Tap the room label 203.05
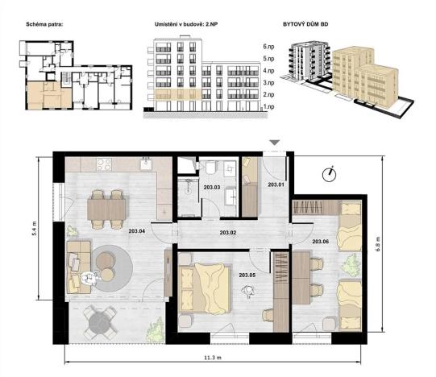click(249, 275)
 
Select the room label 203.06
click(320, 241)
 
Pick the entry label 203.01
click(276, 184)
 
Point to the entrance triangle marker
click(274, 143)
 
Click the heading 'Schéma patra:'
click(38, 25)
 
